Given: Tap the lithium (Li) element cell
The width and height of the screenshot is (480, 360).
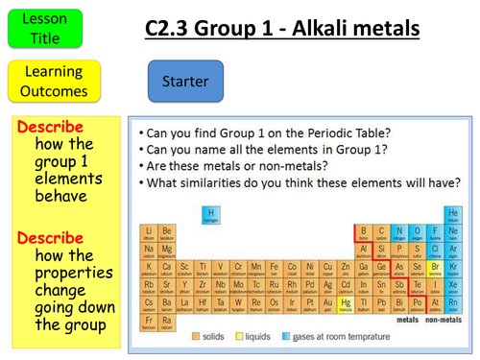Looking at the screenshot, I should click(x=149, y=232).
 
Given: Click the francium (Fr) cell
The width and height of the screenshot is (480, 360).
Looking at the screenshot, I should click(x=149, y=323).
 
